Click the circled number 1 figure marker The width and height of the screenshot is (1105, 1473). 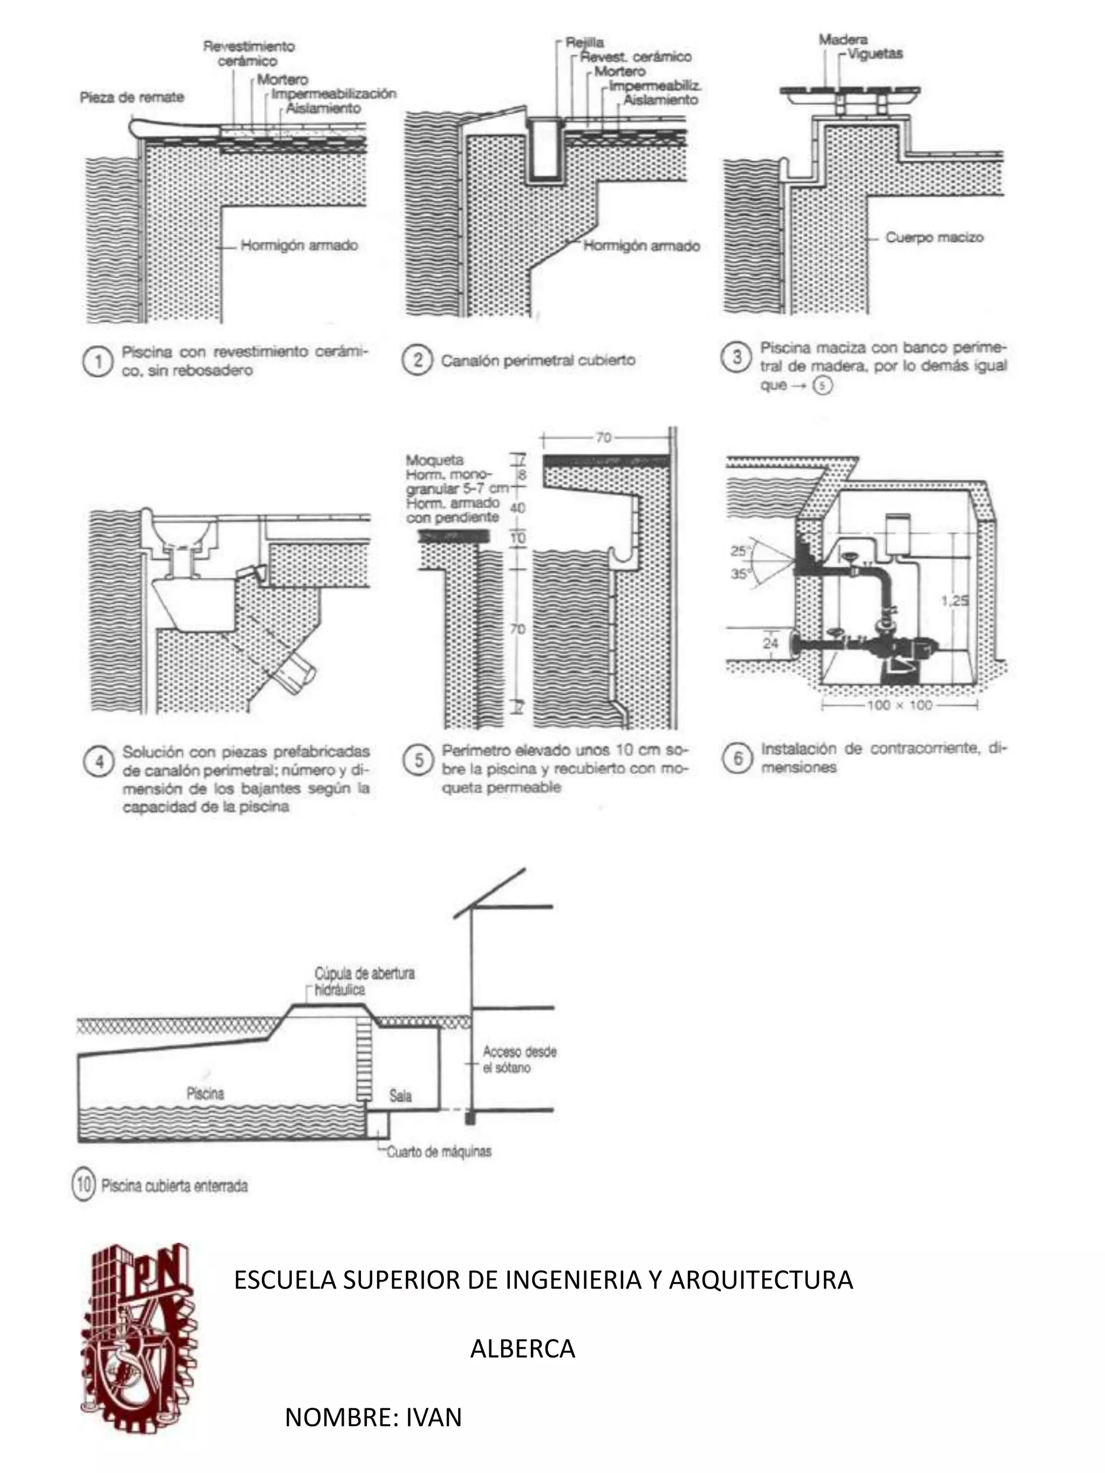click(x=97, y=362)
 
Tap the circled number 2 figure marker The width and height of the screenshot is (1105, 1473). click(x=417, y=360)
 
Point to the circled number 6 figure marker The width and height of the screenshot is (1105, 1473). click(x=736, y=758)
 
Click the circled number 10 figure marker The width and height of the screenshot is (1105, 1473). click(x=83, y=1186)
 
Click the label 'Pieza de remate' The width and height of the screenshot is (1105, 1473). click(x=131, y=97)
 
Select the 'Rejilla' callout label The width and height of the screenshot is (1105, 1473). click(x=584, y=43)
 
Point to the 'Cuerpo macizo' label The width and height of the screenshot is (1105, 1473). click(x=934, y=237)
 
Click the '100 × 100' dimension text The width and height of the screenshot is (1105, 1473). click(x=899, y=705)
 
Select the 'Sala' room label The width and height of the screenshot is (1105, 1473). click(x=400, y=1095)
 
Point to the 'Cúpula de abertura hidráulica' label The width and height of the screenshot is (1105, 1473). click(x=364, y=981)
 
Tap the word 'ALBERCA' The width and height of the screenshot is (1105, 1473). click(x=522, y=1348)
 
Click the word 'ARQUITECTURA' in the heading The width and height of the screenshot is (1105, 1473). click(x=760, y=1279)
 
